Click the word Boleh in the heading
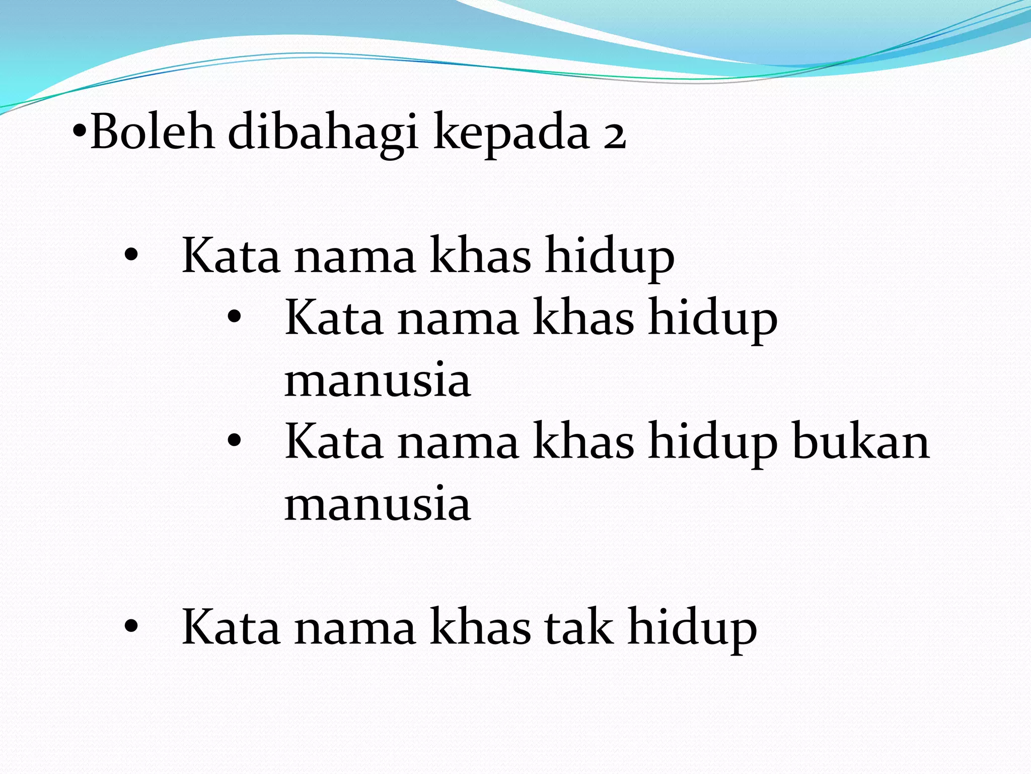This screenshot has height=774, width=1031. tap(153, 132)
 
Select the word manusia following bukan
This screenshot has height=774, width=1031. tap(378, 504)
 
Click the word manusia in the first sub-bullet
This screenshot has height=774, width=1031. tap(378, 380)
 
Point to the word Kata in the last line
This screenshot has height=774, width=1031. tap(231, 627)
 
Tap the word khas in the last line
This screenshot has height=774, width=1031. tap(480, 627)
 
